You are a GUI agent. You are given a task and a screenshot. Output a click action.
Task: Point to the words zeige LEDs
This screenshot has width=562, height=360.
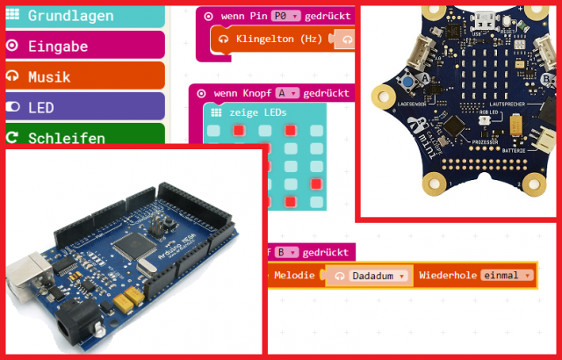(258, 113)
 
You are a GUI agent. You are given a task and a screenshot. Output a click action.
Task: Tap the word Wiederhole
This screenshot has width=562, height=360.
(448, 276)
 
